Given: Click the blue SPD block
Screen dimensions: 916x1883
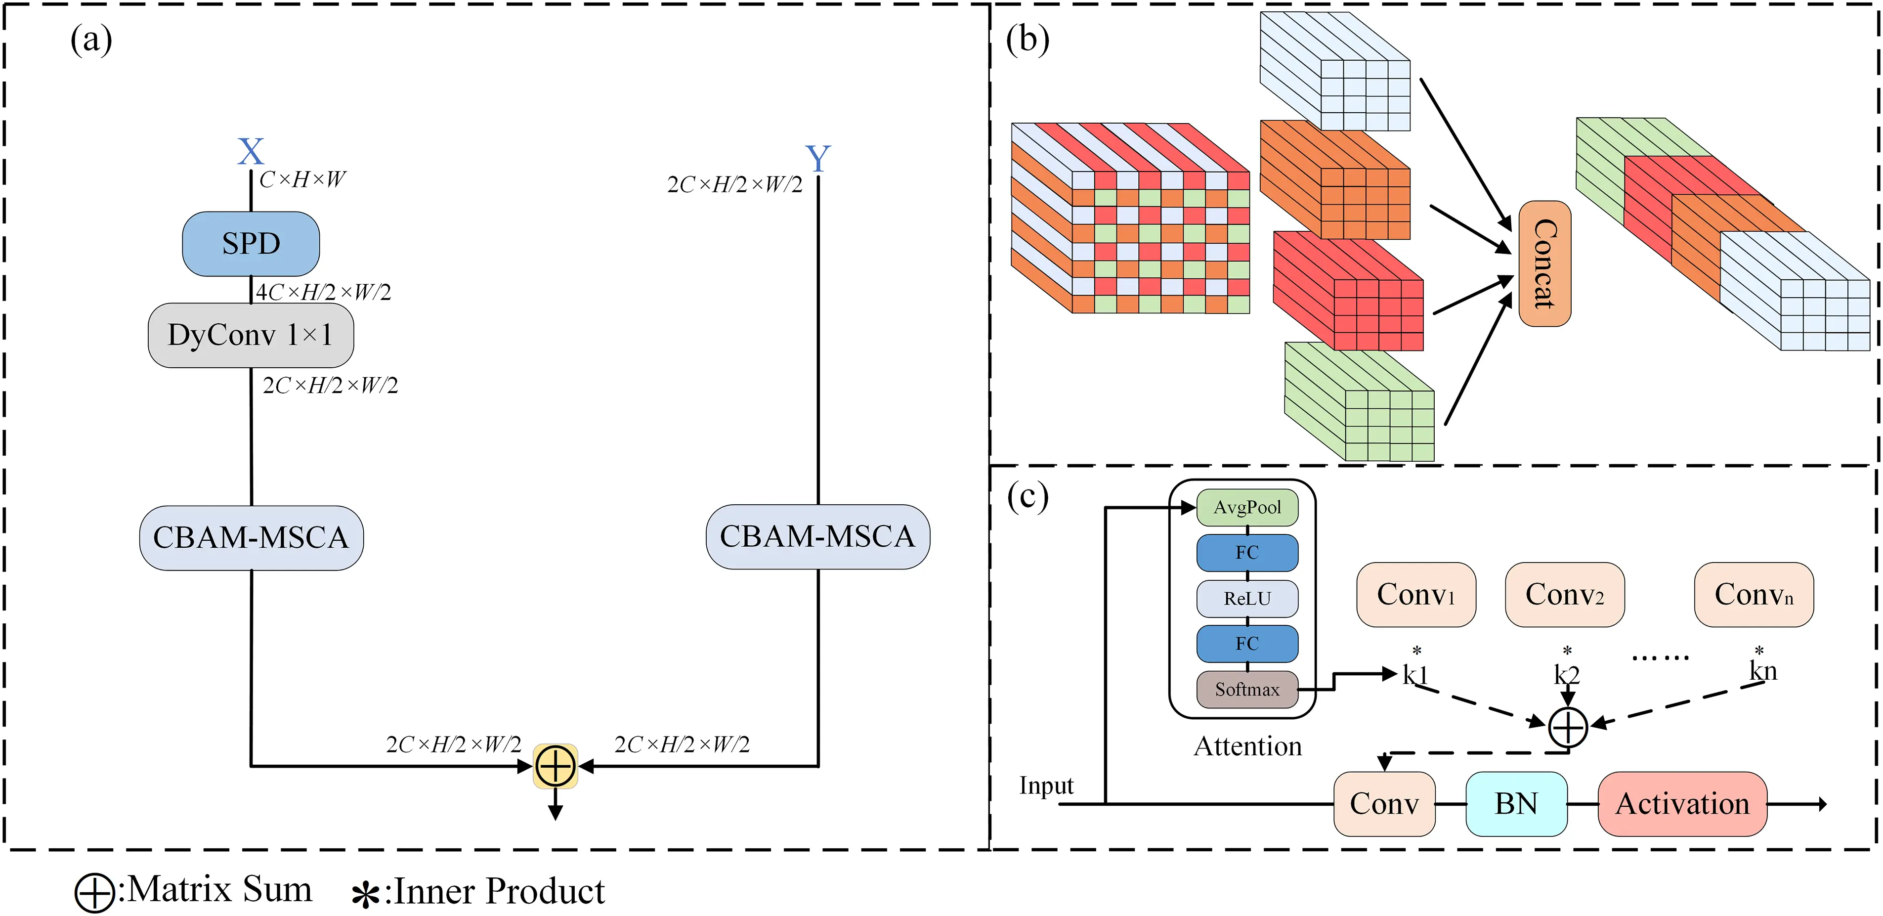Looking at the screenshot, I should pos(251,243).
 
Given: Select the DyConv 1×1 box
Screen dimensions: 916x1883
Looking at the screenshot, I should pos(251,335).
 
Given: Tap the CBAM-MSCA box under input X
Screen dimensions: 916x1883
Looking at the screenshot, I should pos(251,537).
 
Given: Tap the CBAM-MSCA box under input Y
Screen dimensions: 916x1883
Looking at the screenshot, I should pos(817,536).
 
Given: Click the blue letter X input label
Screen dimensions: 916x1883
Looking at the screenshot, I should pos(251,152).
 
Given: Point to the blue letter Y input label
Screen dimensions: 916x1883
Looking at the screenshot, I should pos(817,158).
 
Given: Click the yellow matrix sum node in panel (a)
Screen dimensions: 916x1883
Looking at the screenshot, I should pos(556,766).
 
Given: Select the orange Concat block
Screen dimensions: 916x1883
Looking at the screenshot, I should pos(1544,263).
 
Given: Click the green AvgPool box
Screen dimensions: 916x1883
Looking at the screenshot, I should pos(1247,507).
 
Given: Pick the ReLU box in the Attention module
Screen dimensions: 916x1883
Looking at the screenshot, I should pos(1247,599).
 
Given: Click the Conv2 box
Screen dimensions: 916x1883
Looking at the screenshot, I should pos(1564,594).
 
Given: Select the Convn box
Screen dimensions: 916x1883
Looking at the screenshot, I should pos(1754,594).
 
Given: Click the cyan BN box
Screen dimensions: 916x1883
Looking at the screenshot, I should pos(1516,803).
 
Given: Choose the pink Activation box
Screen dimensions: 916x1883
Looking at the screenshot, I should pos(1682,803).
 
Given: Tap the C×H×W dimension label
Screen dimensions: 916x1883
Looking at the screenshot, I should pos(302,179).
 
